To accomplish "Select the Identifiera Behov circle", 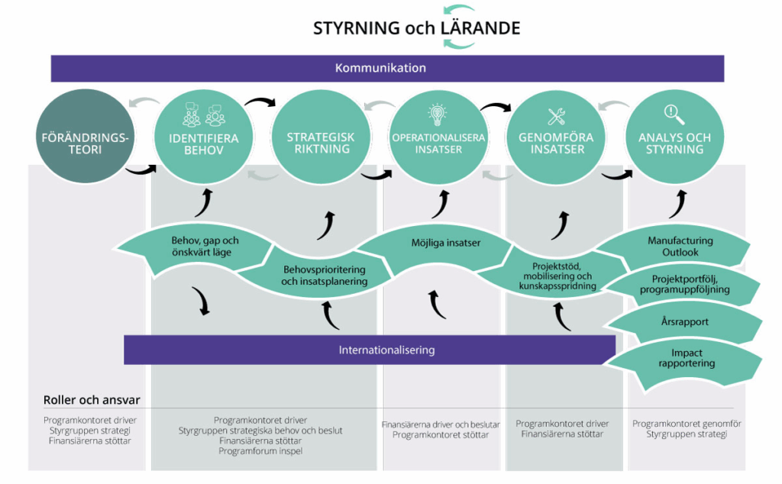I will click(203, 137).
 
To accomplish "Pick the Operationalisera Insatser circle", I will click(438, 137).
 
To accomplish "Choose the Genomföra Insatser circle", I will click(556, 137).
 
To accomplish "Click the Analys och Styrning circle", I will click(674, 137).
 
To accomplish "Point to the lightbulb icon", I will click(438, 115).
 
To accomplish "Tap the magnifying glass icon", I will click(674, 115).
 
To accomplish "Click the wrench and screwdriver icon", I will click(556, 116).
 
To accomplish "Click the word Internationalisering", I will click(386, 350).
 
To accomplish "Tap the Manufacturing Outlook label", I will click(680, 246).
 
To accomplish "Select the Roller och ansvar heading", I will click(92, 400).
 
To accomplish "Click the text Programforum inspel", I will click(260, 451).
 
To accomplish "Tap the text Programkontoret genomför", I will click(687, 424).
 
